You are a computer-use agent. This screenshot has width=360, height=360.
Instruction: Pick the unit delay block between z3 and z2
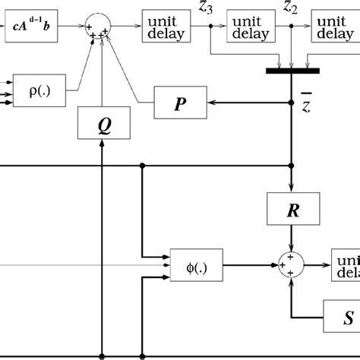tap(250, 27)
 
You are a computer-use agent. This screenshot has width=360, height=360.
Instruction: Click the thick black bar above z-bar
tap(292, 71)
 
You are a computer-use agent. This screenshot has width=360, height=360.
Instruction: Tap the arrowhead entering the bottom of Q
tap(101, 144)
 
